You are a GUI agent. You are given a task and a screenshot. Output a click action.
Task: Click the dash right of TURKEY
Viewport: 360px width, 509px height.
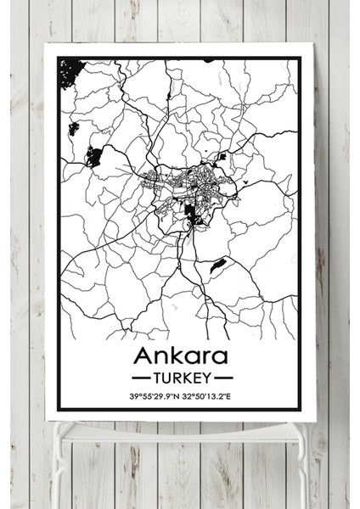[222, 374]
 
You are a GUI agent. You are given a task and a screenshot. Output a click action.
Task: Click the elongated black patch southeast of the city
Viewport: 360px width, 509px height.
[218, 266]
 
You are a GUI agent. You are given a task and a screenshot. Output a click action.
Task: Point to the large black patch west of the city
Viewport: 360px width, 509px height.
[93, 156]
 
